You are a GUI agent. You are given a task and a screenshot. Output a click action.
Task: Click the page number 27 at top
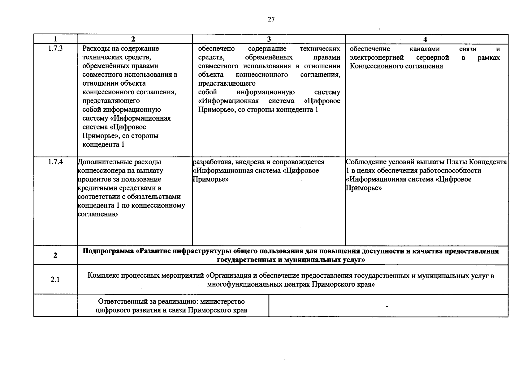[271, 20]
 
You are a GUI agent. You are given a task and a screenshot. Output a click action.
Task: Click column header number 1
[55, 39]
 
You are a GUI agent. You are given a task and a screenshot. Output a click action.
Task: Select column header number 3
[269, 39]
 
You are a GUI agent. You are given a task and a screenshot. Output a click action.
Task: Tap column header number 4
[425, 39]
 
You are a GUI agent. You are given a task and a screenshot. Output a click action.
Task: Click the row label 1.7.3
[55, 49]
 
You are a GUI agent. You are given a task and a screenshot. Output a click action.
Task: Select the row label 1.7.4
[55, 162]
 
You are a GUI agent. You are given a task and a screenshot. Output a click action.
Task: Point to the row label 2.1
[55, 280]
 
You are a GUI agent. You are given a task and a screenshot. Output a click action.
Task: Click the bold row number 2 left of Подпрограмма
[55, 255]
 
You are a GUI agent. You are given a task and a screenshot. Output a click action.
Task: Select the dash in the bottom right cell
[387, 306]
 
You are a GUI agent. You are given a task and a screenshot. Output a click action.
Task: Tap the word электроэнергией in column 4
[377, 58]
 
